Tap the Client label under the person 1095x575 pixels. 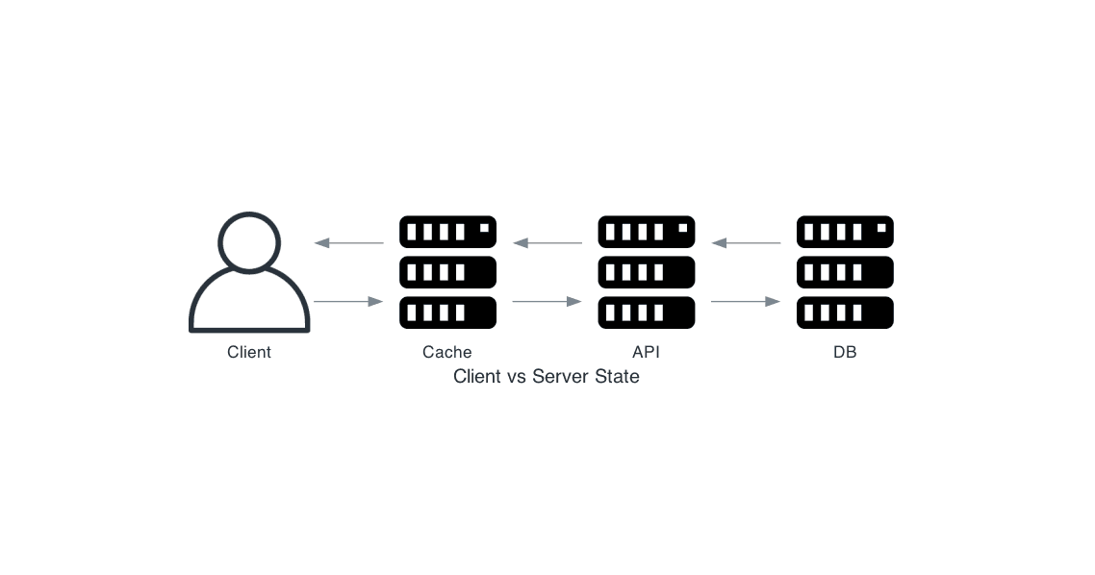(x=249, y=352)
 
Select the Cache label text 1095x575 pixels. (x=447, y=352)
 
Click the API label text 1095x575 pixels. (x=646, y=352)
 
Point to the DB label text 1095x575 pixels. (x=845, y=352)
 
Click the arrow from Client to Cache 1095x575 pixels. (x=348, y=302)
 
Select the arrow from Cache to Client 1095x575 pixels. (x=348, y=243)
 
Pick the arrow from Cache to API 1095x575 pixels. (x=547, y=302)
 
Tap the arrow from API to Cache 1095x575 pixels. (x=547, y=243)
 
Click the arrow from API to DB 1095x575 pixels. (x=745, y=302)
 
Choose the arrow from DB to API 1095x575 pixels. (x=745, y=243)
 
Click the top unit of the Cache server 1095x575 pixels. (x=447, y=232)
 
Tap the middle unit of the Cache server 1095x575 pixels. (x=447, y=272)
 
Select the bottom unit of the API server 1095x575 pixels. (x=646, y=312)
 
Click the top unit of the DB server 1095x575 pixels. (x=845, y=232)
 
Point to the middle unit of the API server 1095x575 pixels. (x=646, y=272)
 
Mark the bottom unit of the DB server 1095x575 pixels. (x=845, y=312)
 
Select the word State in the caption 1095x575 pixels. (x=618, y=376)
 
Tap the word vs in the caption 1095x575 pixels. (x=517, y=376)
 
